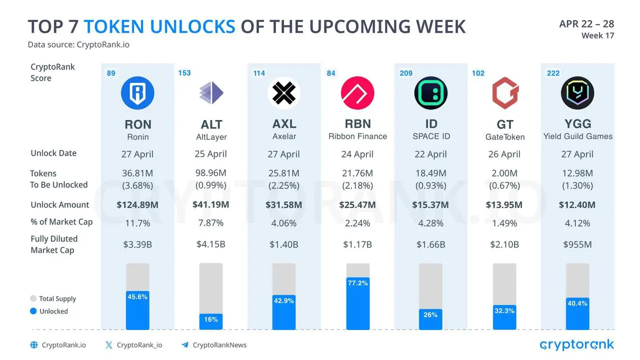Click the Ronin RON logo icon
tap(137, 93)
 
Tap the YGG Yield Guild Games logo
tap(577, 93)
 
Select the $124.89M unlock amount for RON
tap(137, 204)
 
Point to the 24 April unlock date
tap(357, 154)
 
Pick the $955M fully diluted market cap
tap(577, 244)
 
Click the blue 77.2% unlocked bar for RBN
tap(357, 303)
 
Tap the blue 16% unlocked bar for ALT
tap(211, 321)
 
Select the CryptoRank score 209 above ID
tap(406, 73)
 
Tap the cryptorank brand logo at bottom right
tap(576, 344)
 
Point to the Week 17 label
tap(597, 35)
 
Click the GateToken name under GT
tap(504, 137)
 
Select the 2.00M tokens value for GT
tap(504, 173)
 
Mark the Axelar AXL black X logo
tap(284, 93)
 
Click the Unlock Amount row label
tap(59, 204)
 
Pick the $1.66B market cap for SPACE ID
tap(430, 244)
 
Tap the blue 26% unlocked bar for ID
tap(430, 319)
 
